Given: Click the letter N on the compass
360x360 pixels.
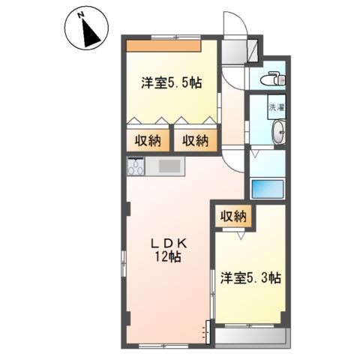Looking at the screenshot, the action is (x=80, y=16).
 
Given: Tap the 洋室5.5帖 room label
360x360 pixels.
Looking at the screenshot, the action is (x=172, y=82).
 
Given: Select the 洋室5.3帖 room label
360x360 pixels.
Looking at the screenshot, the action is (x=250, y=277).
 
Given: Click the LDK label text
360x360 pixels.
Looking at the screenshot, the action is (x=169, y=244).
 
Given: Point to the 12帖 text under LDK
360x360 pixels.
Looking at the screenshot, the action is (x=168, y=256).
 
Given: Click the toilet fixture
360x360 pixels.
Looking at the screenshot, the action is (x=272, y=79).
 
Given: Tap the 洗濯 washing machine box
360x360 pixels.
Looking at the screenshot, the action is (x=277, y=107).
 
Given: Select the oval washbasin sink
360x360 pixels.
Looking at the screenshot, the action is (x=279, y=132).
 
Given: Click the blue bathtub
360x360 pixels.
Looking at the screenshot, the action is (x=268, y=189).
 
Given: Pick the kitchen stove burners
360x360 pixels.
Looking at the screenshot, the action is (x=136, y=166).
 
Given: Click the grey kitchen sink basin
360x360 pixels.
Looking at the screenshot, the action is (x=169, y=166).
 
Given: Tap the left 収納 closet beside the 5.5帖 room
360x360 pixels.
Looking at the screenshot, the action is (x=148, y=141).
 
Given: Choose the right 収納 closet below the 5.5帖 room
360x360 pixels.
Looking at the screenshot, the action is (x=195, y=141).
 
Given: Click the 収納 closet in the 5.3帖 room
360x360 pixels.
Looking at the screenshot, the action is (x=233, y=217).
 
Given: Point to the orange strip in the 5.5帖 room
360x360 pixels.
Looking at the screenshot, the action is (x=163, y=46).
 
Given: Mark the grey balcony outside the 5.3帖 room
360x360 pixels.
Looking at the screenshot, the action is (x=250, y=336).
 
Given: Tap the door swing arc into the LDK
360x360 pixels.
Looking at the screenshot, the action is (x=232, y=163).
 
